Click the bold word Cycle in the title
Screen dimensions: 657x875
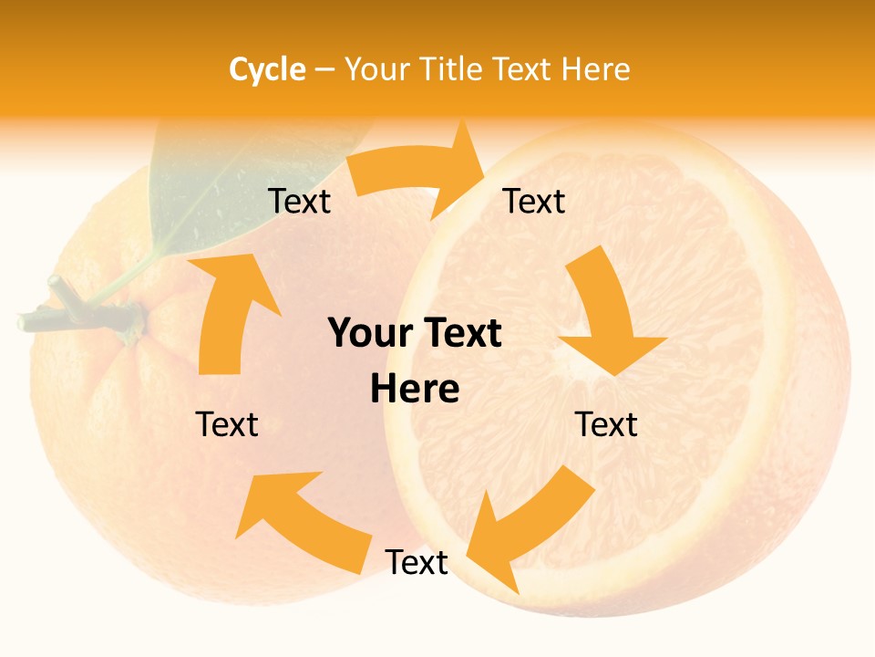coord(267,69)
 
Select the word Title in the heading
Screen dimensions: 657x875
coord(451,69)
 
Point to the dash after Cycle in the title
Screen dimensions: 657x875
coord(324,70)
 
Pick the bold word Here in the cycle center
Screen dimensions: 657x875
coord(415,390)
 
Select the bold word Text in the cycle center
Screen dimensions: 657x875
coord(461,334)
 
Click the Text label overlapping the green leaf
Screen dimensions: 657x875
coord(299,202)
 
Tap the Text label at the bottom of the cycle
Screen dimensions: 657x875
coord(417,563)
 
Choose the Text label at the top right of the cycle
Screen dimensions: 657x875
coord(535,202)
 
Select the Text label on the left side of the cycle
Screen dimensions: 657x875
coord(227,424)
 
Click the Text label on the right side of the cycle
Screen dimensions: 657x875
coord(606,424)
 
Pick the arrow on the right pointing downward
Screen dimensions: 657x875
coord(606,319)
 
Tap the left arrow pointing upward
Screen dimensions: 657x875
coord(228,310)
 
